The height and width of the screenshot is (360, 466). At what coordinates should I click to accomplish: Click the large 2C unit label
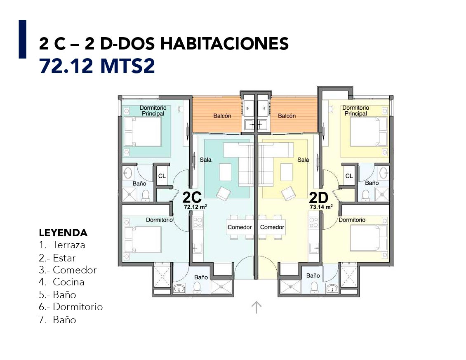point(192,197)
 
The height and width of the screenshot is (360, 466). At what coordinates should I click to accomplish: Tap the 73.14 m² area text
point(321,207)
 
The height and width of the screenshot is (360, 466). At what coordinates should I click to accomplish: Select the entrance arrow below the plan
point(256,307)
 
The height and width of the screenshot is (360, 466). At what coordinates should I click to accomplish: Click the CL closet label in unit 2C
point(162,176)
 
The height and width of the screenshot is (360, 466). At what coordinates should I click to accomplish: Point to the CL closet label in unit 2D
point(349,176)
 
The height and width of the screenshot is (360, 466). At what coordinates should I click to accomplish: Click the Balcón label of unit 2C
point(222,116)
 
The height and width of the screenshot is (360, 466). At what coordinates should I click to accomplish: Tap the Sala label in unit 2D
point(303,160)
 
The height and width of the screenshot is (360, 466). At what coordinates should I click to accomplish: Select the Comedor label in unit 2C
point(240,227)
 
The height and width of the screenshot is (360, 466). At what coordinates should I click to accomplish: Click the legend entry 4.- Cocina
point(61,282)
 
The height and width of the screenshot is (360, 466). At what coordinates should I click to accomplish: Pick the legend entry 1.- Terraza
point(62,245)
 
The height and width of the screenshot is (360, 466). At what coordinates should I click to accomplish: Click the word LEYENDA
point(64,233)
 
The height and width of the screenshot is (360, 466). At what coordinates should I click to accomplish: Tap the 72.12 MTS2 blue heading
point(97,66)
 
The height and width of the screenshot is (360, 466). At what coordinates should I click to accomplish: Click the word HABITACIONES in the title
point(225,43)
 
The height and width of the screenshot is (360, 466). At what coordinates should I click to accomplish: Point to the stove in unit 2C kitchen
point(198,222)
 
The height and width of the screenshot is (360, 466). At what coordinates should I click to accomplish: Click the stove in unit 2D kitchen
point(313,222)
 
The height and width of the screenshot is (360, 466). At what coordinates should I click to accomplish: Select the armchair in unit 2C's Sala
point(223,193)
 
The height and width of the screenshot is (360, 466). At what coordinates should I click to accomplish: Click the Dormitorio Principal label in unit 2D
point(356,111)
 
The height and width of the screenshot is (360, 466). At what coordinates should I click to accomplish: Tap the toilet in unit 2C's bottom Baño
point(197,287)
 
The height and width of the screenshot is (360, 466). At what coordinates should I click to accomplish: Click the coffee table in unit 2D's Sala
point(287,172)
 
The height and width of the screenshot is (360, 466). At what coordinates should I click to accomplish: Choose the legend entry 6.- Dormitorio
point(71,306)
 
